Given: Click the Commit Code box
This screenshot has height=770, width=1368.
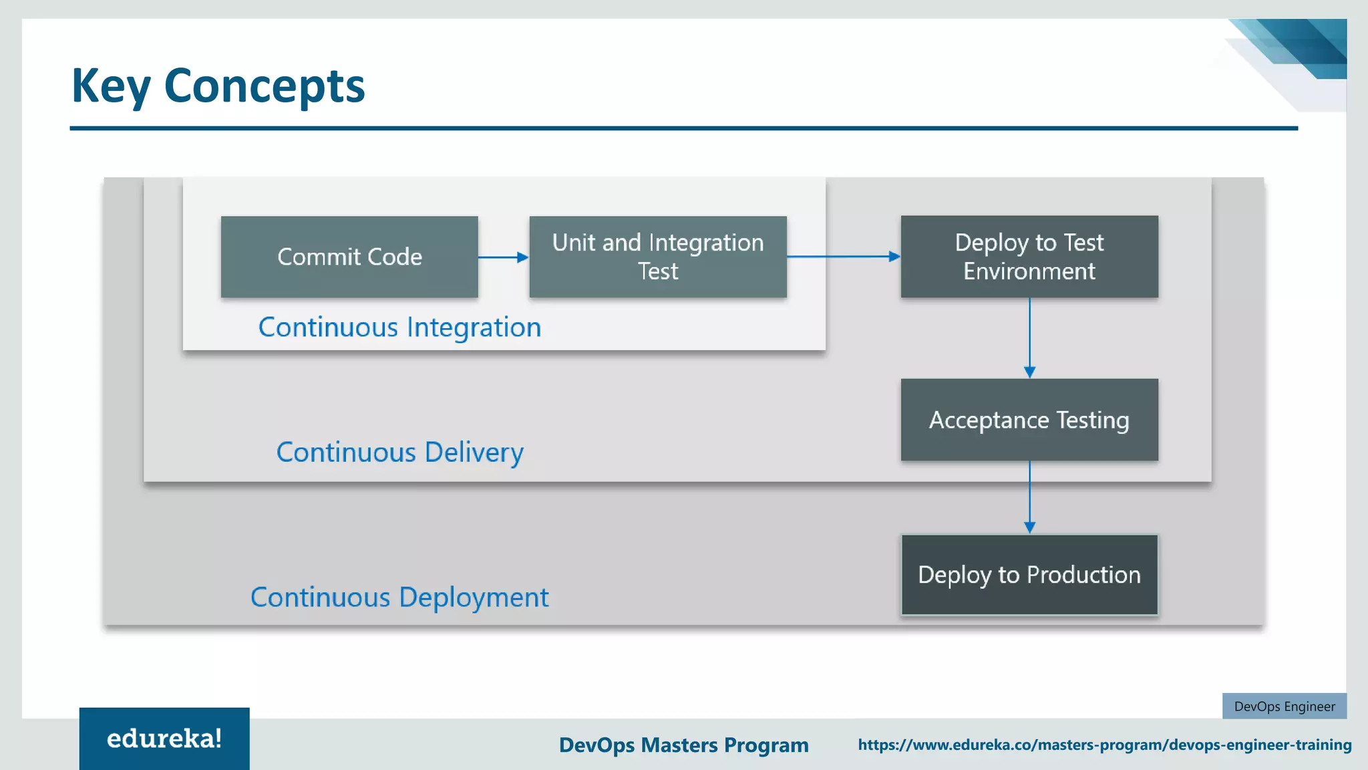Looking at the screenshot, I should tap(349, 257).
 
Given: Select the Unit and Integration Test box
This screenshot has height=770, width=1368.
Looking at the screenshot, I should tap(658, 257).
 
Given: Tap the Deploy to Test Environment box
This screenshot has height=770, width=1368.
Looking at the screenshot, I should tap(1029, 257).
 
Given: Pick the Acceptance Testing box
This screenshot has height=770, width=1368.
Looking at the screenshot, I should tap(1029, 420).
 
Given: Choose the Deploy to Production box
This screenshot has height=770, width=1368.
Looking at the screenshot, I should tap(1029, 575).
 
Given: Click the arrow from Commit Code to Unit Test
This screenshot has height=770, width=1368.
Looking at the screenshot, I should tap(503, 257).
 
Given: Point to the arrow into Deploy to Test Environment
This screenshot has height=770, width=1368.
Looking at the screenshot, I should tap(843, 256).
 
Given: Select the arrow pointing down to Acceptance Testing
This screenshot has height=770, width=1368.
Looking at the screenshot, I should tap(1029, 338).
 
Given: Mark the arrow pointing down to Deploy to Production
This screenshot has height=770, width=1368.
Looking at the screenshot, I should tap(1029, 497).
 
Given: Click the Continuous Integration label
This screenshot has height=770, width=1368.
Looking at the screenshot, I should tap(399, 328).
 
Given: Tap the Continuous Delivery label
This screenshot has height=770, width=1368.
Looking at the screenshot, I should tap(399, 453).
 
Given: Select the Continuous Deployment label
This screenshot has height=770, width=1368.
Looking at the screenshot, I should tap(399, 598).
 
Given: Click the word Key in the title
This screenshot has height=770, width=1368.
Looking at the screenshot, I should tap(111, 86).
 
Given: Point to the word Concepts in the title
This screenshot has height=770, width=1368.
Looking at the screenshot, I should tap(265, 86).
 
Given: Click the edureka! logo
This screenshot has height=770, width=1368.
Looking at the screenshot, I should tap(164, 739).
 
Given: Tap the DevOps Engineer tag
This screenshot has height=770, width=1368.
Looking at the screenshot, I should tap(1284, 707).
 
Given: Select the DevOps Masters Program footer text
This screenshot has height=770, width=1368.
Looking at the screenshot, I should tap(683, 745).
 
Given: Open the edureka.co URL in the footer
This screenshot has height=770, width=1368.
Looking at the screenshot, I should tap(1104, 745).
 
